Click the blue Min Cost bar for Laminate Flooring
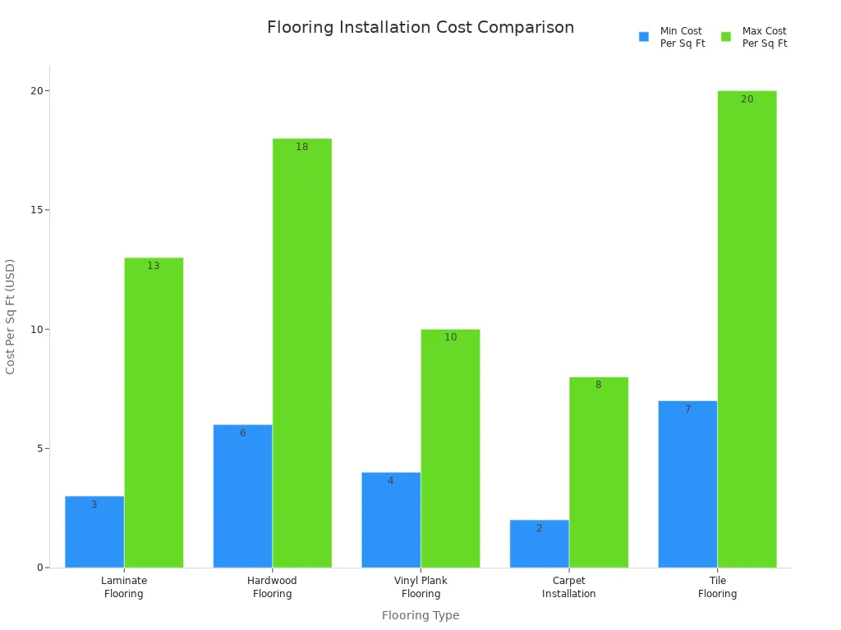click(94, 533)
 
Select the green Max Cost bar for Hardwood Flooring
click(302, 353)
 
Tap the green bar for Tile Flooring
click(747, 328)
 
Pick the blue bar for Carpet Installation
click(539, 546)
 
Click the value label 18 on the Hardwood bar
click(302, 147)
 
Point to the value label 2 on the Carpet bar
click(539, 528)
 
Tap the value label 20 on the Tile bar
click(747, 99)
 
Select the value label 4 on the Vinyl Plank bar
click(390, 481)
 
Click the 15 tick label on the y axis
click(36, 210)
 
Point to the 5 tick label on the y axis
click(39, 449)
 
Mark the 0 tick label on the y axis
click(39, 568)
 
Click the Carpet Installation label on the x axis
click(568, 587)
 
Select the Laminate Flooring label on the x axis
click(124, 587)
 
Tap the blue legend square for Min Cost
click(644, 37)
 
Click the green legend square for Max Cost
click(726, 37)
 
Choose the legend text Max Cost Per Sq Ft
click(764, 37)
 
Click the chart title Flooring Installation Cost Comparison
click(420, 27)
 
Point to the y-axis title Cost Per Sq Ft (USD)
click(11, 317)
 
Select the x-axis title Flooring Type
click(420, 615)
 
